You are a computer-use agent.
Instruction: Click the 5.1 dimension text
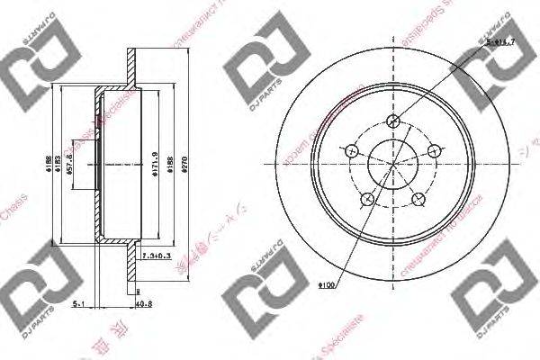tap(78, 305)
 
